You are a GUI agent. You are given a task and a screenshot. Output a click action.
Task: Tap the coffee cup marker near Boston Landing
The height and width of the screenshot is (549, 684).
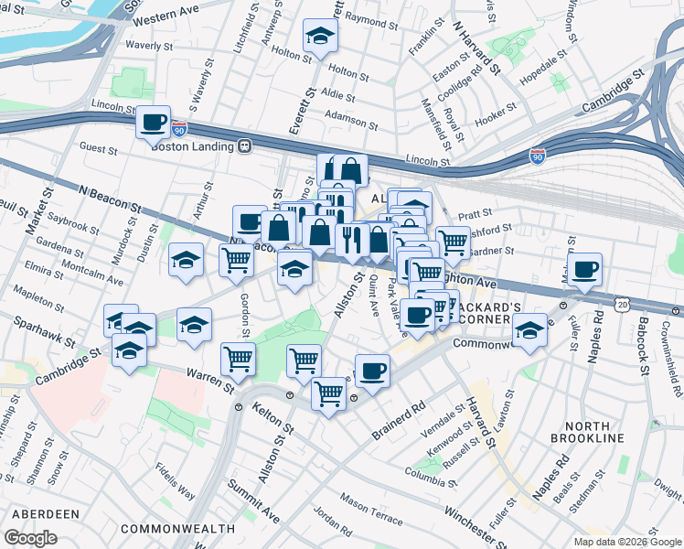154,122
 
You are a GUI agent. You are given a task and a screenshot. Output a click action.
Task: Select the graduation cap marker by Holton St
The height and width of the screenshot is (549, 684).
320,36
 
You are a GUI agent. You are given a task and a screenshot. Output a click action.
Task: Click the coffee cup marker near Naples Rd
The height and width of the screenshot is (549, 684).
584,270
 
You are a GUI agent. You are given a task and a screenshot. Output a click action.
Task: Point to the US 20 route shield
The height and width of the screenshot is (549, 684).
623,302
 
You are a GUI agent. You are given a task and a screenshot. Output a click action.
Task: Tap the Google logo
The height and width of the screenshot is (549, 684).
30,537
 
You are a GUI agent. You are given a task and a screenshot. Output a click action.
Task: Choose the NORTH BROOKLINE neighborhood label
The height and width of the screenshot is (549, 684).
594,432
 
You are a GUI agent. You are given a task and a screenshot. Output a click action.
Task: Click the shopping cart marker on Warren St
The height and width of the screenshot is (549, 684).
238,360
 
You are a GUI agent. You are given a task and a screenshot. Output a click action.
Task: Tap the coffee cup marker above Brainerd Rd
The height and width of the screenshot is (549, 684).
372,371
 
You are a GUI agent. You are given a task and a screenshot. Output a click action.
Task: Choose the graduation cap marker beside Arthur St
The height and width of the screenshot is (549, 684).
186,260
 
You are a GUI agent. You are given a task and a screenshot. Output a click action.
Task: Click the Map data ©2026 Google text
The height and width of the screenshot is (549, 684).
627,541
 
